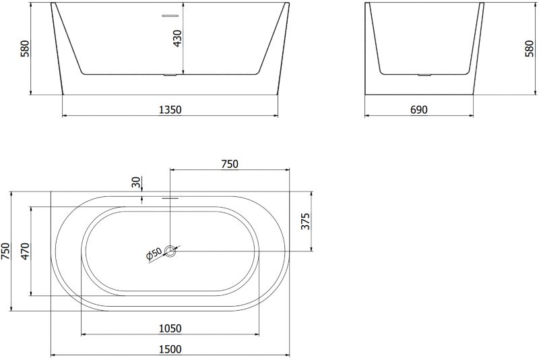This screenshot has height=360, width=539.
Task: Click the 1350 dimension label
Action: tap(170, 110)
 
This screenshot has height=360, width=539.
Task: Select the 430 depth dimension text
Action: tap(177, 38)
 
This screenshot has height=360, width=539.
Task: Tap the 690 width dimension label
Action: tap(419, 110)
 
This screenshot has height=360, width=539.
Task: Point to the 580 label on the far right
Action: tap(530, 49)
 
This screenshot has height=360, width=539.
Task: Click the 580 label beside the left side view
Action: tap(25, 49)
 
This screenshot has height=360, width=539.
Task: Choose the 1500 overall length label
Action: tap(170, 349)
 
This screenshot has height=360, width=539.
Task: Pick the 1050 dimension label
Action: tap(170, 329)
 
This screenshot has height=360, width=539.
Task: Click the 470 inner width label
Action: tap(25, 251)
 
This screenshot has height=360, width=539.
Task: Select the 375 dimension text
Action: tap(306, 221)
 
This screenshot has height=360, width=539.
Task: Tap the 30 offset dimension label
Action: tap(137, 182)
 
